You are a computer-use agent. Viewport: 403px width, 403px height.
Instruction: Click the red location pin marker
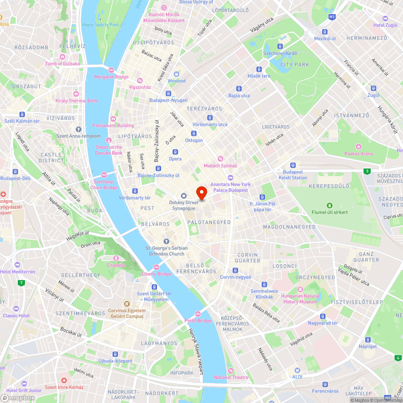click(x=201, y=193)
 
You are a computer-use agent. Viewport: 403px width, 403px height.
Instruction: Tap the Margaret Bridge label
click(x=111, y=77)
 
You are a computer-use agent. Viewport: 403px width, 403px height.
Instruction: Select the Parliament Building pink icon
click(x=113, y=118)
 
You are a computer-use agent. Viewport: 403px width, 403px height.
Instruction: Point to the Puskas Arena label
click(x=358, y=154)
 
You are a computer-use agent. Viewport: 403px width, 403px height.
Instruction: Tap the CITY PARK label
click(x=295, y=64)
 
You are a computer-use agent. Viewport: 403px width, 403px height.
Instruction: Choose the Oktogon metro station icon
click(x=194, y=133)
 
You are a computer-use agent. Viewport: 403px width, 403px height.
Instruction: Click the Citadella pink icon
click(x=116, y=258)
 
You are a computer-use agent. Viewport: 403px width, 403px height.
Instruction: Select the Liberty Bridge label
click(x=156, y=274)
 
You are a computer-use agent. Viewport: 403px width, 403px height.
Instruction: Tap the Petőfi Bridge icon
click(x=198, y=314)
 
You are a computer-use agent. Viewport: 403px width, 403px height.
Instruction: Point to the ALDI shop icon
click(x=297, y=370)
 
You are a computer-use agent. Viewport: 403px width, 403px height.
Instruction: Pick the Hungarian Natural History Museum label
click(x=300, y=299)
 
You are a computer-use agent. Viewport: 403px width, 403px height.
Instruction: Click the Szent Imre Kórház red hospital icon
click(x=64, y=380)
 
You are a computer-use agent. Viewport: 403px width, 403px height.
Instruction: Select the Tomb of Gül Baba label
click(x=62, y=64)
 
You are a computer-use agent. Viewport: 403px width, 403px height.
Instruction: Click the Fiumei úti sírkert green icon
click(x=330, y=205)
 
